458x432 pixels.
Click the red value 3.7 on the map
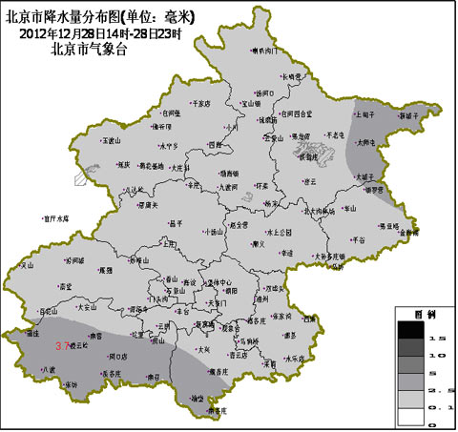coord(64,345)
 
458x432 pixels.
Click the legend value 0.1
coord(444,407)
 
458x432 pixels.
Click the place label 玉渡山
coord(112,140)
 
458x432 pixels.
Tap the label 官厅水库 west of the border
coord(57,218)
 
